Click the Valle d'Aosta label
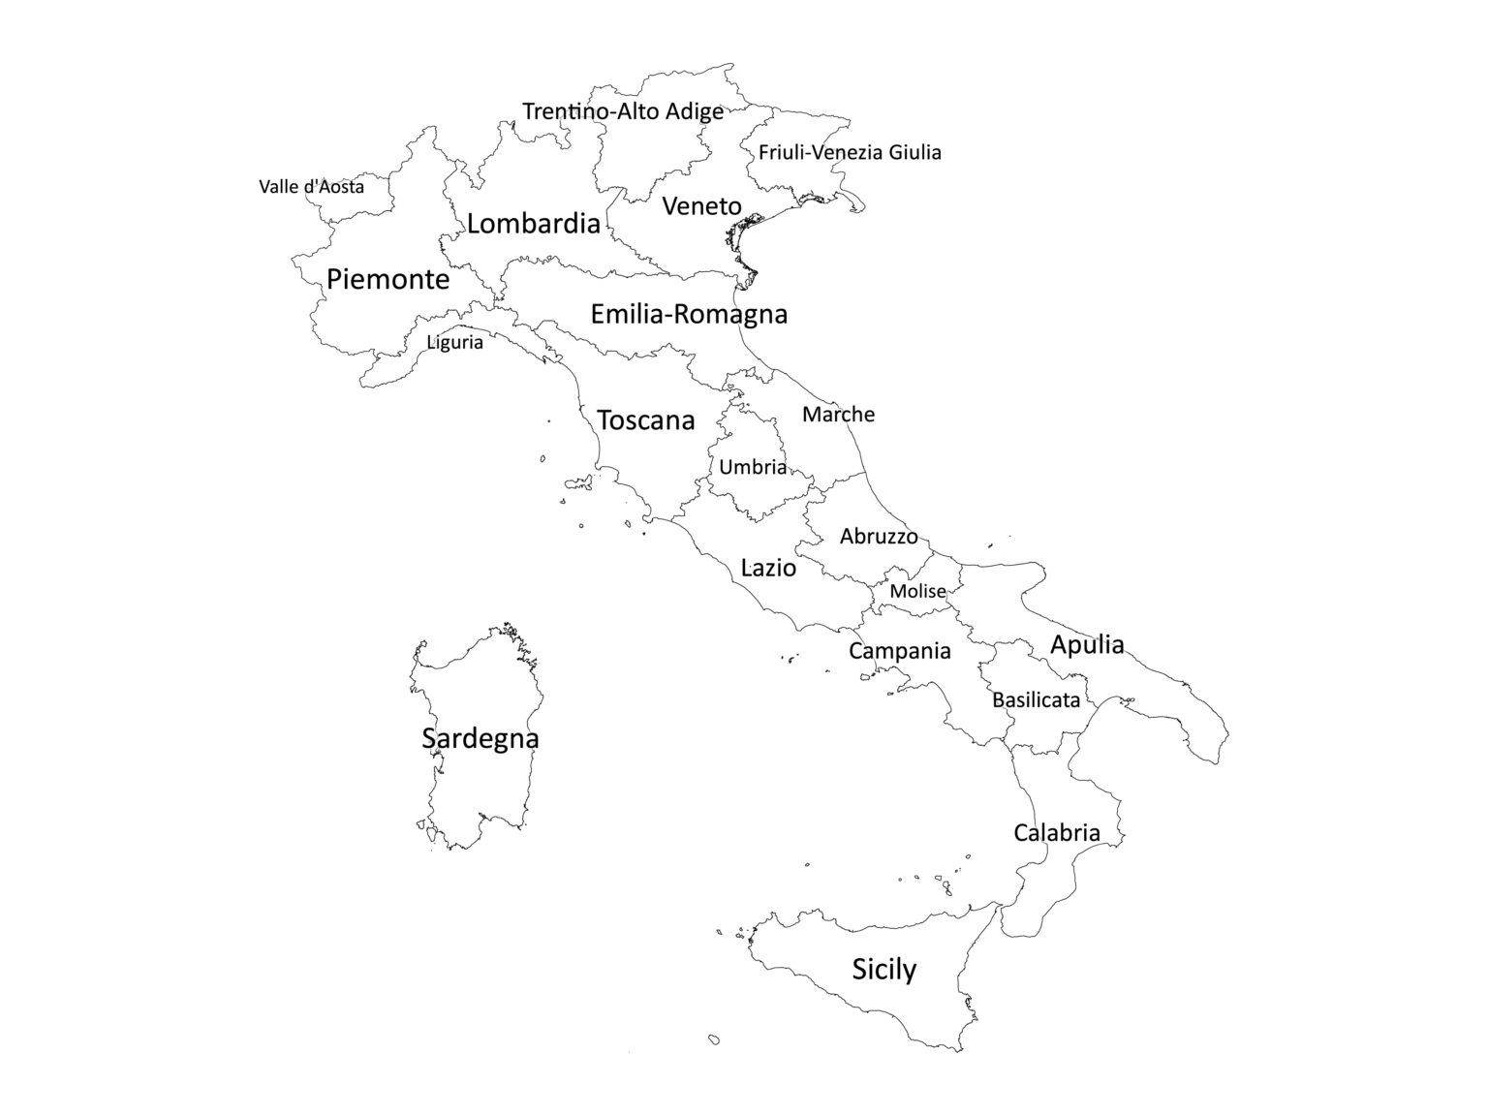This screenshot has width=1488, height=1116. (311, 186)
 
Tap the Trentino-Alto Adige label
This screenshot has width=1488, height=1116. (622, 111)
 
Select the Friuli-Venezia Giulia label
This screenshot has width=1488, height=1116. (850, 152)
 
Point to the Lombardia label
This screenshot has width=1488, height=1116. (533, 224)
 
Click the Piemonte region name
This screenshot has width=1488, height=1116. (387, 280)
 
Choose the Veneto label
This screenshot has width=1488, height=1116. (701, 206)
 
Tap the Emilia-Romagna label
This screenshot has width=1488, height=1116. (689, 314)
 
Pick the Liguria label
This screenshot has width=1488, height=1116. (454, 342)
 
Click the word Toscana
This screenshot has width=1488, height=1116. (646, 420)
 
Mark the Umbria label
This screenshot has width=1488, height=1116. (753, 467)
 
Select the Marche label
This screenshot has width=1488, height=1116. (838, 415)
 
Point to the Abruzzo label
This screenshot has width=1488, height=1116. (879, 536)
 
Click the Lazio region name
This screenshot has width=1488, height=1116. (768, 568)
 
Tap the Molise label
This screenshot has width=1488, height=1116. (917, 591)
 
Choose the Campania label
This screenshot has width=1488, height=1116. (900, 651)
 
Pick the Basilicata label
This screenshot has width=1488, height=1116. (1036, 699)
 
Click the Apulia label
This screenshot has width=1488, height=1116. (1087, 644)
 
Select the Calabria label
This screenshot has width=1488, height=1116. (1057, 833)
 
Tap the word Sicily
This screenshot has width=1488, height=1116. (883, 970)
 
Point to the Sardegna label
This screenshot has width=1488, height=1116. (480, 738)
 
